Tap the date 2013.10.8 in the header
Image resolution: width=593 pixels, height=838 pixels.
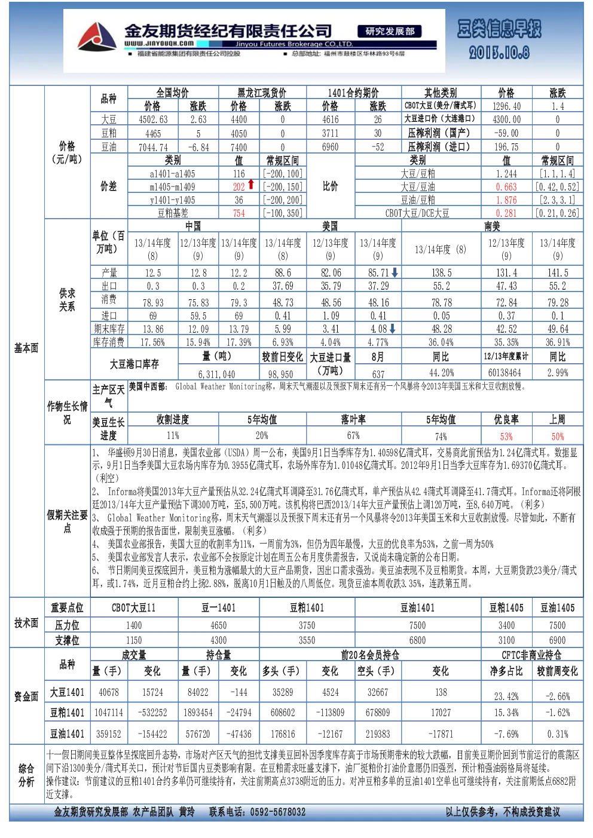pyautogui.click(x=499, y=53)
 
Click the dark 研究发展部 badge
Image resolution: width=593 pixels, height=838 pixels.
pyautogui.click(x=390, y=32)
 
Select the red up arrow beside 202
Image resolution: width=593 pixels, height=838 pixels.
pyautogui.click(x=251, y=184)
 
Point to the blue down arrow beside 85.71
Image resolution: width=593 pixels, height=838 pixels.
pyautogui.click(x=395, y=273)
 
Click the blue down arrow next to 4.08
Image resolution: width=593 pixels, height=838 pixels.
pyautogui.click(x=392, y=329)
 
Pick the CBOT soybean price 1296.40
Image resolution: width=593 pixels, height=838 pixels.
pyautogui.click(x=506, y=106)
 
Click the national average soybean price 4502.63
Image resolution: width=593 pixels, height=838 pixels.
pyautogui.click(x=153, y=119)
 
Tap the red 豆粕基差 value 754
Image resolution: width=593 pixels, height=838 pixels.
pyautogui.click(x=239, y=214)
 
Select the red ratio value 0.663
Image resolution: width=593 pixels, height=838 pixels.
pyautogui.click(x=506, y=187)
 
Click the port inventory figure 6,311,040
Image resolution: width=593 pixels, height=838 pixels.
pyautogui.click(x=216, y=374)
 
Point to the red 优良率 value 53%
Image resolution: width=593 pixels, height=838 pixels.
pyautogui.click(x=506, y=437)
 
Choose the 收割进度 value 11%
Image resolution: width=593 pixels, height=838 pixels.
pyautogui.click(x=173, y=435)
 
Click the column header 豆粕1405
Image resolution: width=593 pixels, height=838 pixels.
pyautogui.click(x=506, y=608)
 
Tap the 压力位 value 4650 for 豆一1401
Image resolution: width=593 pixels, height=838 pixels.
pyautogui.click(x=219, y=625)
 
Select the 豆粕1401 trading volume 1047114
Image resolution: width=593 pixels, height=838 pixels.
pyautogui.click(x=109, y=713)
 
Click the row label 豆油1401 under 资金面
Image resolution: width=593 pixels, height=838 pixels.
pyautogui.click(x=67, y=734)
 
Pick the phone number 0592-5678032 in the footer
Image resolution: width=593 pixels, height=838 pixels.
pyautogui.click(x=278, y=812)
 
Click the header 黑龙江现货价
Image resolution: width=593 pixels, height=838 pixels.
pyautogui.click(x=262, y=93)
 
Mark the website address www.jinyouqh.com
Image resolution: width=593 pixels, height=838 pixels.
pyautogui.click(x=159, y=44)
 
